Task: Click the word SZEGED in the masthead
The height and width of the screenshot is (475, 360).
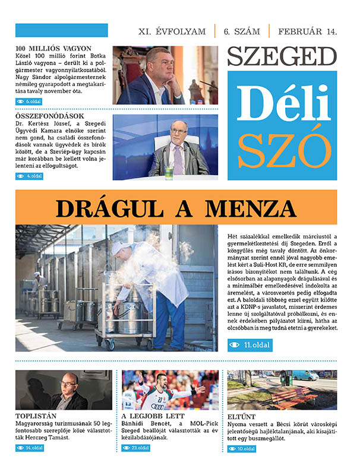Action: [x=282, y=56]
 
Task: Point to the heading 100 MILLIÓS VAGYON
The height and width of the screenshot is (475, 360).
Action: [x=53, y=48]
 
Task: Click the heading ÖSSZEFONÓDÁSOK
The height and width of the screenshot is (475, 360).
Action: [x=50, y=116]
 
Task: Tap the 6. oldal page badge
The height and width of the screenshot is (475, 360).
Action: [x=30, y=102]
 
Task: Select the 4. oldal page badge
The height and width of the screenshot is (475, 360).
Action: [x=30, y=176]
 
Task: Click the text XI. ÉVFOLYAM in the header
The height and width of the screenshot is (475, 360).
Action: [x=172, y=31]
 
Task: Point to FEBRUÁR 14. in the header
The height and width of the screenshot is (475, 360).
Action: [x=307, y=31]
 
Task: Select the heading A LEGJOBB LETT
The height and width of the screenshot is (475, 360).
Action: [x=153, y=416]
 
